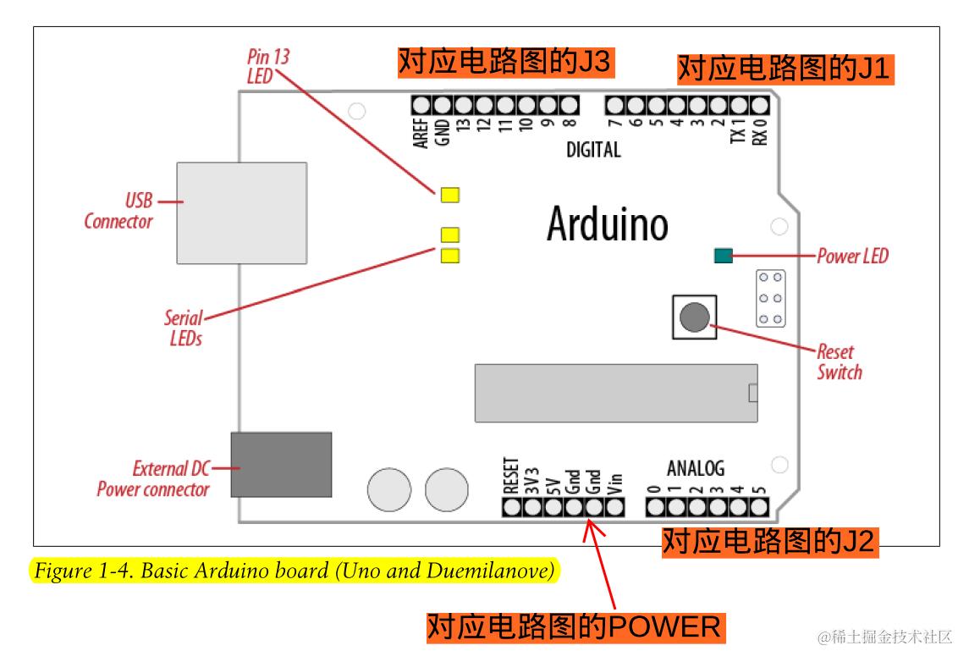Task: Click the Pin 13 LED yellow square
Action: (x=449, y=195)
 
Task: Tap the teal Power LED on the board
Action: (x=723, y=256)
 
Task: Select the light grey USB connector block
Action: (x=241, y=212)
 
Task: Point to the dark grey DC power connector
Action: (x=281, y=464)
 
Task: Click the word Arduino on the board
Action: (x=607, y=223)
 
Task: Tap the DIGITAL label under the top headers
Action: (x=593, y=150)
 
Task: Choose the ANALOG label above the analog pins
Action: (x=696, y=468)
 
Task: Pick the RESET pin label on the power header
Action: (x=510, y=476)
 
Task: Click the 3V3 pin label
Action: (x=532, y=479)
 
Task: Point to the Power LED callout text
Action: (x=852, y=256)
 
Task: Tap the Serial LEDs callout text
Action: (x=184, y=328)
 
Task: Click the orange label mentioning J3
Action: (x=504, y=62)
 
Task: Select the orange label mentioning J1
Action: (x=785, y=69)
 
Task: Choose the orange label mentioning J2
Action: (x=768, y=542)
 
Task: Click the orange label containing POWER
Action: (x=574, y=627)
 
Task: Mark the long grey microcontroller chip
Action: (x=615, y=393)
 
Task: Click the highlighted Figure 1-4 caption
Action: (x=295, y=571)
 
